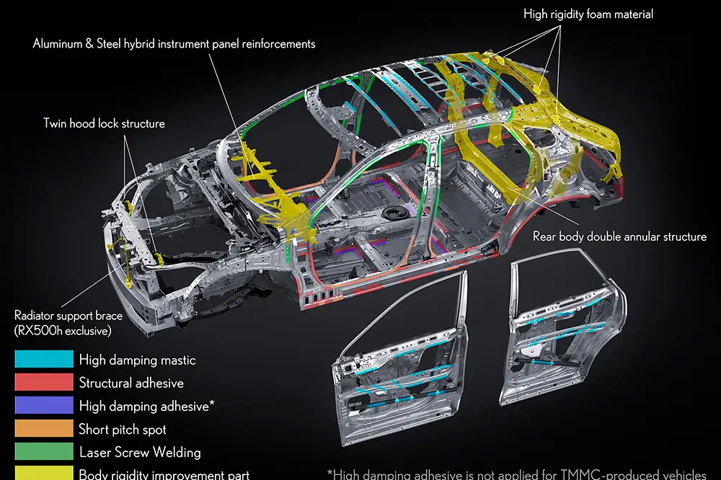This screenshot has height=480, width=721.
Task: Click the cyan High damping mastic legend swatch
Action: pos(43,359)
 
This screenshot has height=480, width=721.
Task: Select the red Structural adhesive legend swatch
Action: pos(43,382)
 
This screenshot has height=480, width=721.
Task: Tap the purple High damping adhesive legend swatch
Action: pos(43,405)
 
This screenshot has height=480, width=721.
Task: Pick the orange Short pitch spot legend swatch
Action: pos(43,429)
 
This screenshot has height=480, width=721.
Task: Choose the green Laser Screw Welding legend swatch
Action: pos(43,452)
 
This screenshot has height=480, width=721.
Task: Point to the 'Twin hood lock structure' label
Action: pos(103,123)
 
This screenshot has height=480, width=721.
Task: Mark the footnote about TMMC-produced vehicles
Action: pos(516,473)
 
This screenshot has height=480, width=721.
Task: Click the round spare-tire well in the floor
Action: pos(394,214)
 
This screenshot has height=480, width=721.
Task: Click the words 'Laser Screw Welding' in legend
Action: pos(140,453)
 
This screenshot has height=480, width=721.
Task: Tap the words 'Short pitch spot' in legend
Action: pos(123,430)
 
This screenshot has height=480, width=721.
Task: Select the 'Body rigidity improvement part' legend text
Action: pos(164,474)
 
